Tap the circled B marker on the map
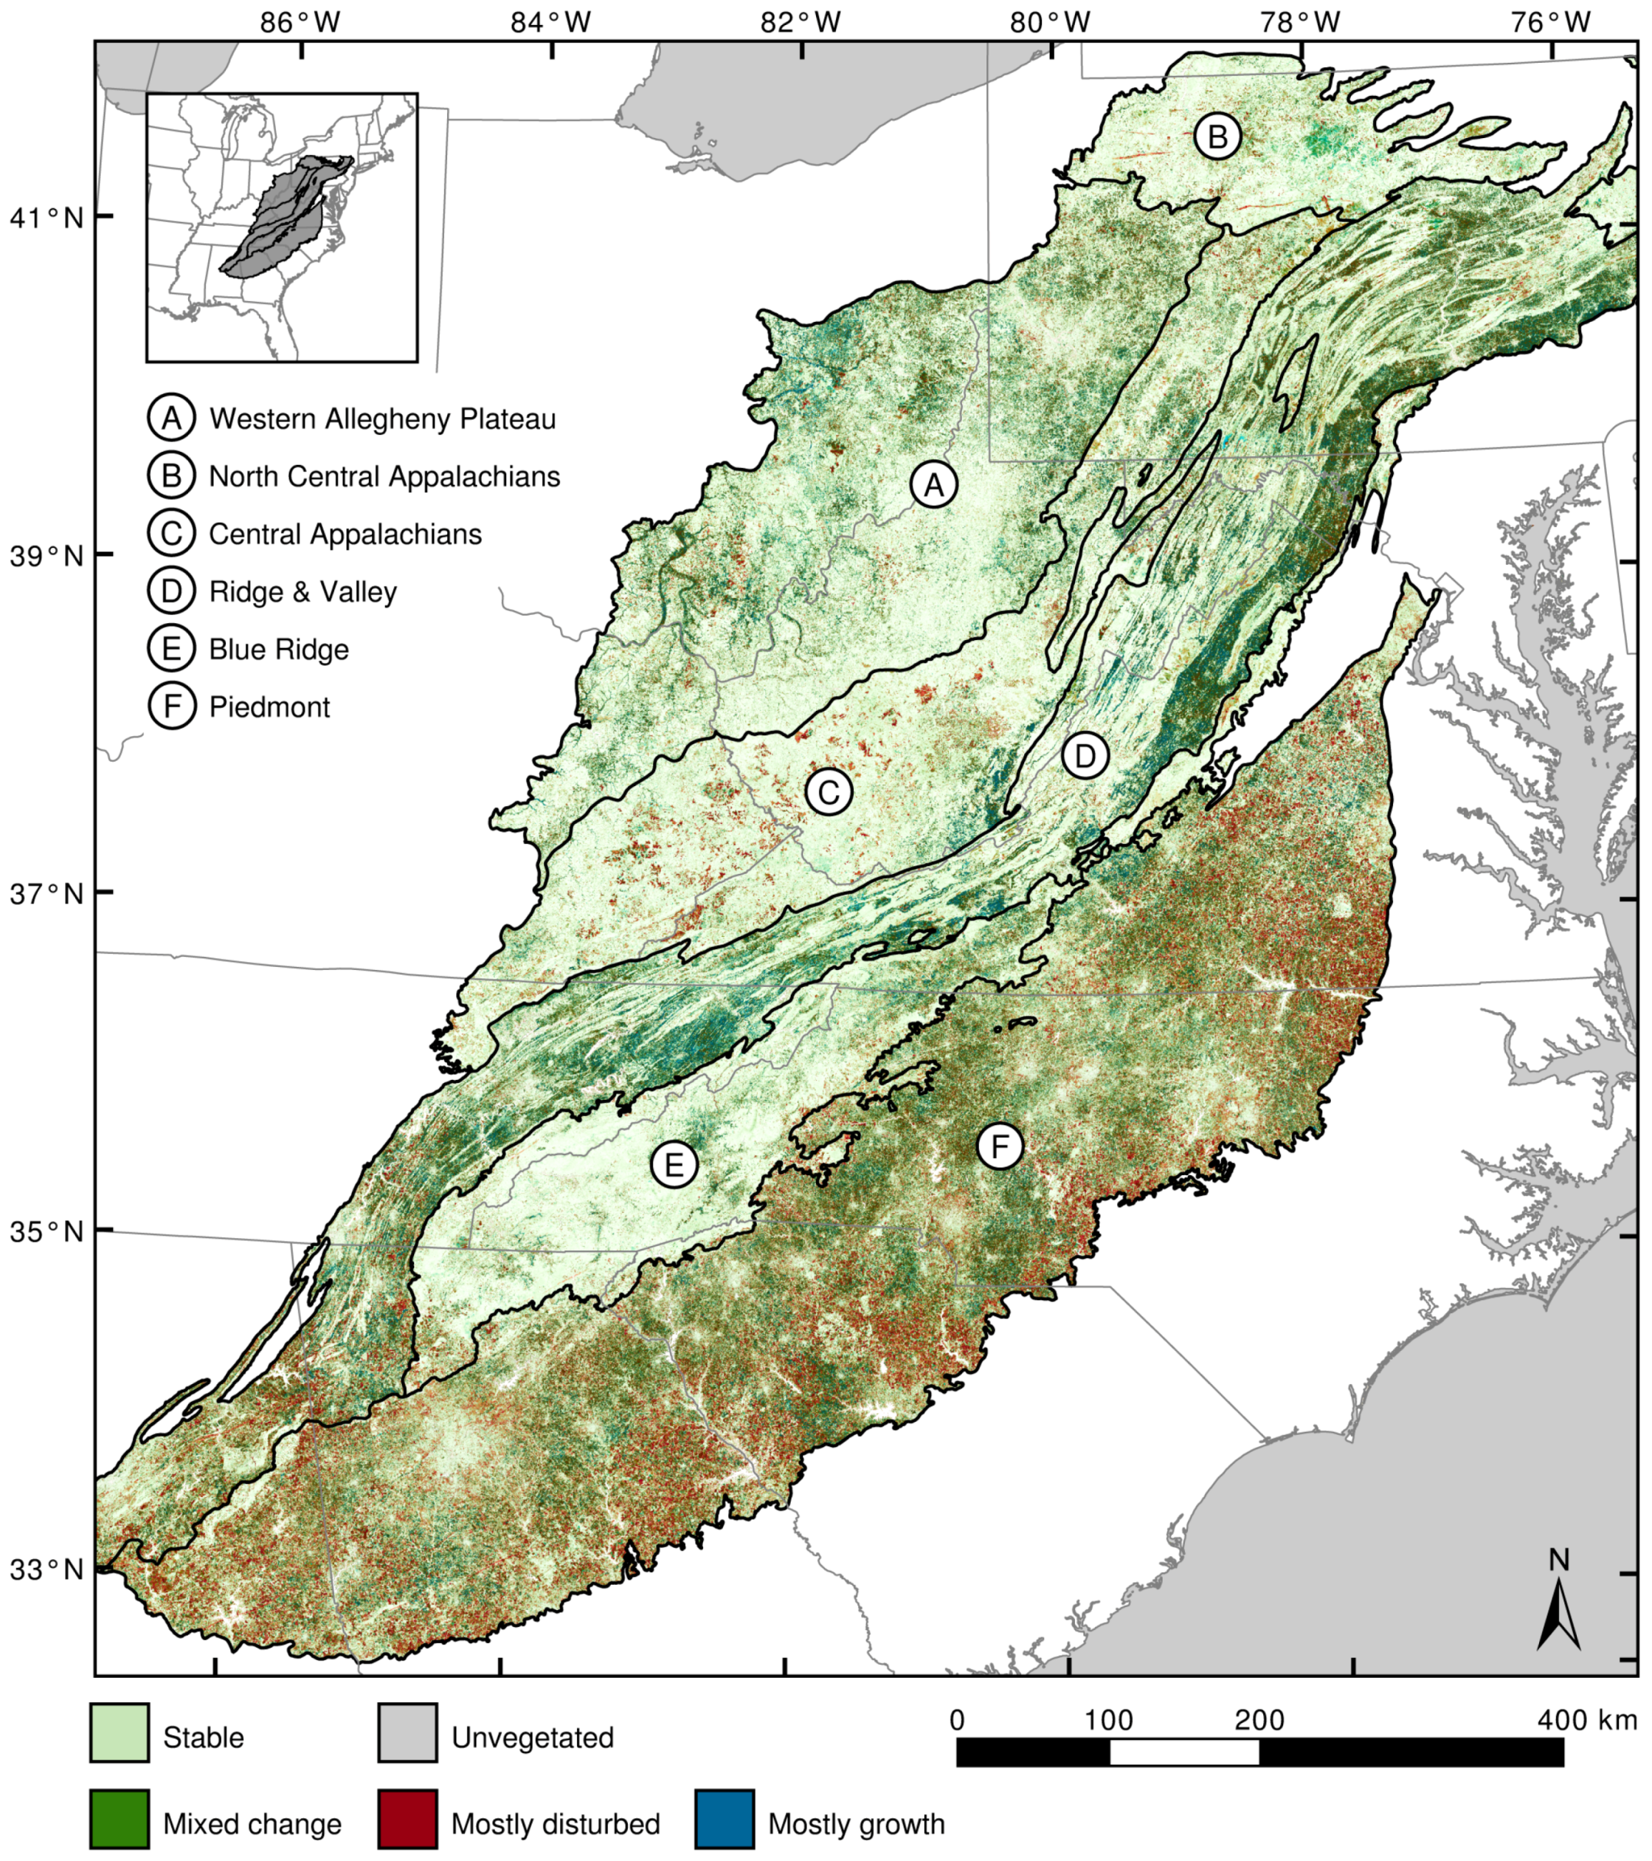click(1218, 137)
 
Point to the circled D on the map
click(1085, 757)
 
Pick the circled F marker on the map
click(1000, 1146)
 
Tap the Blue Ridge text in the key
click(278, 649)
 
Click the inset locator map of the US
click(281, 227)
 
